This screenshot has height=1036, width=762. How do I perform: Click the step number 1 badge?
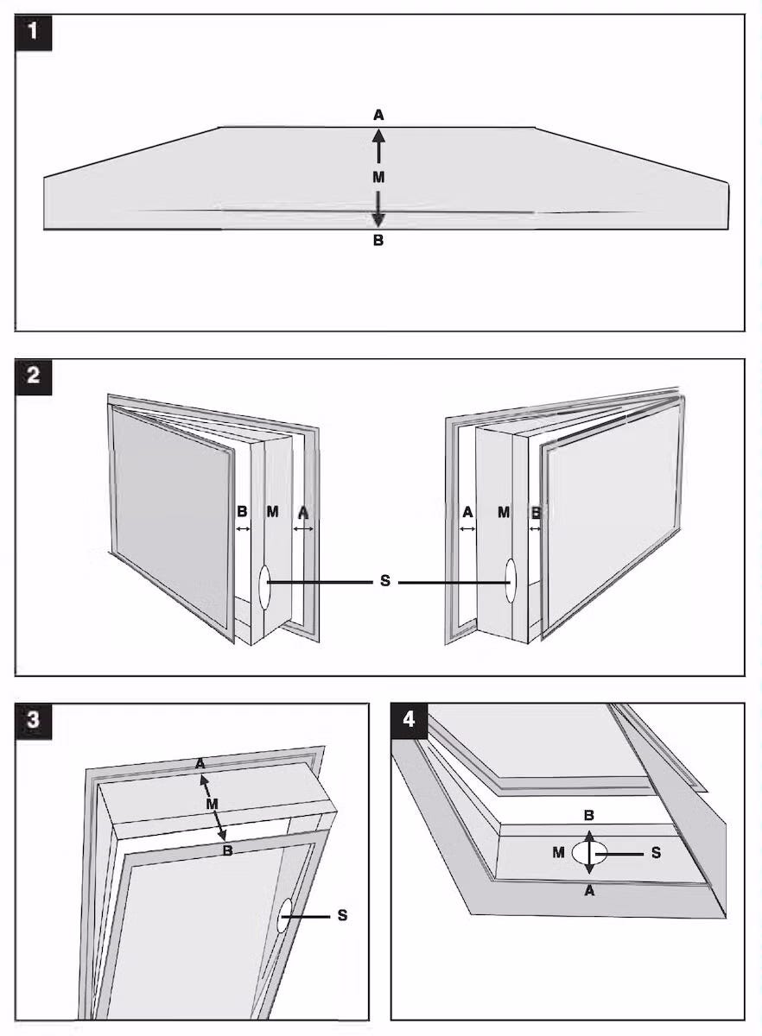click(34, 33)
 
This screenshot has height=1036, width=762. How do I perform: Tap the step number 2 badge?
click(34, 376)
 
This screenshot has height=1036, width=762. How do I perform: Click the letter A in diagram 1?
click(378, 115)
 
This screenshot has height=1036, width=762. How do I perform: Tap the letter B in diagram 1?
click(378, 241)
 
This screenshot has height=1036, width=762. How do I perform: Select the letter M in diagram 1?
click(378, 177)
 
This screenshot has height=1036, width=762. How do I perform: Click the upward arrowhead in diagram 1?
click(378, 135)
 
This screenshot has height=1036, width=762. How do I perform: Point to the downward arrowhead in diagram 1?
click(378, 221)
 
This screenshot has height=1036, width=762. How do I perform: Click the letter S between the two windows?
click(385, 580)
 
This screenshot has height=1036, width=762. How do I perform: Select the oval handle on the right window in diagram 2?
click(511, 580)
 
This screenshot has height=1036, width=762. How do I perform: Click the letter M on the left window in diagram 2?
click(272, 511)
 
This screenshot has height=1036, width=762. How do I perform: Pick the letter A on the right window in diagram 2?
click(467, 513)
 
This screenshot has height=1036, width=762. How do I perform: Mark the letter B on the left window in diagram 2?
click(242, 511)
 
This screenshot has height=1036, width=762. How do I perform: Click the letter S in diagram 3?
click(342, 915)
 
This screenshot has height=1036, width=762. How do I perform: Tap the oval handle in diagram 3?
click(284, 915)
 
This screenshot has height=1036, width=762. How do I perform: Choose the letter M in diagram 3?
click(212, 804)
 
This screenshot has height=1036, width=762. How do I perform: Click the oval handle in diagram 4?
click(589, 852)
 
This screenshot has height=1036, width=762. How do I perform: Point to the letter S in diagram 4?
click(656, 852)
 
